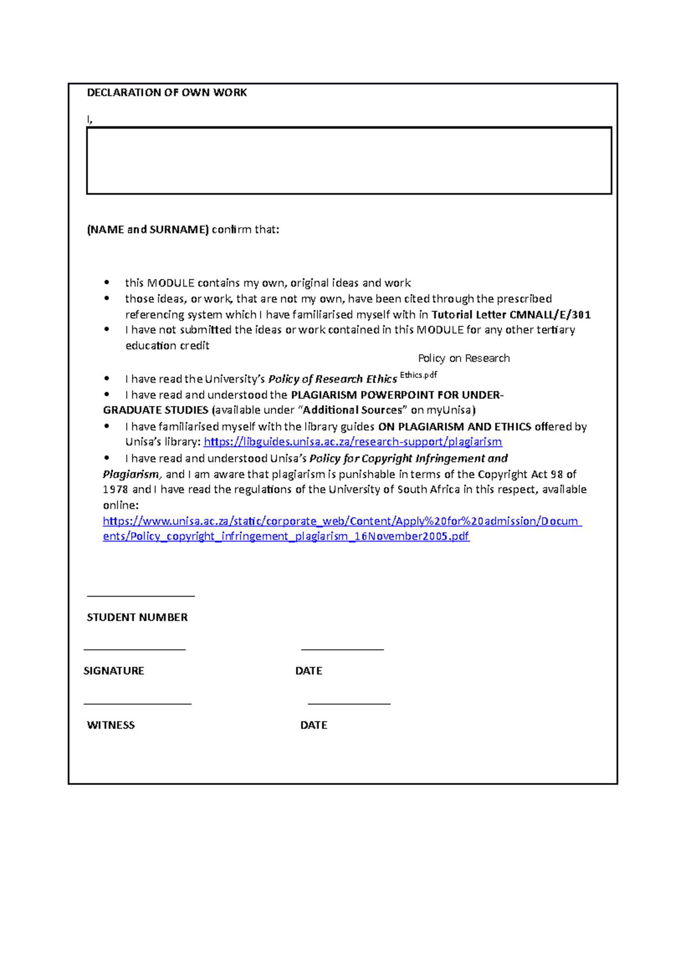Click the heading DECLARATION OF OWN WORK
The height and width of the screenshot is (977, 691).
pos(166,93)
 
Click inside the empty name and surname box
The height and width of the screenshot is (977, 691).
pos(348,161)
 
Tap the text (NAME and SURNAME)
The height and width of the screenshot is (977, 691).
pos(147,230)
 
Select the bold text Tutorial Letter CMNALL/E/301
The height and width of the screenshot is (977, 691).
pos(511,315)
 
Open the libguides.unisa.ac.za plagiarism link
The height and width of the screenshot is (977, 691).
pos(352,442)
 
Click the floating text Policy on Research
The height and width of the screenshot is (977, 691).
pos(464,358)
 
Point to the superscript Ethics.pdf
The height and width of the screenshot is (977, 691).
pos(419,375)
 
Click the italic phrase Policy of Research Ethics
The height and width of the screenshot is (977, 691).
pos(332,379)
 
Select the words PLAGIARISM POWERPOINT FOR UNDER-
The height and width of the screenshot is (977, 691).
pos(397,395)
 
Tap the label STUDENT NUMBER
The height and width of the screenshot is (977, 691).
pos(137,617)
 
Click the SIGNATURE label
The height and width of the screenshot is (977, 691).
pos(114,671)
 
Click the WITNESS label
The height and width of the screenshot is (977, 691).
pos(111,726)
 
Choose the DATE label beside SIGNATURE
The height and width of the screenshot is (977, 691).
pos(309,671)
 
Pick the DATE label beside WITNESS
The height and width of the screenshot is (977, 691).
pos(314,726)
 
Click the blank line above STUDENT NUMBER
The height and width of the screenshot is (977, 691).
pos(141,596)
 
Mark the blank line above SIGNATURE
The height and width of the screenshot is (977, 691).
pos(134,649)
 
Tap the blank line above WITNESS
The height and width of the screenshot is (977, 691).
pos(137,703)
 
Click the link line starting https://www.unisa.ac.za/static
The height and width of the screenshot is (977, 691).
pos(342,521)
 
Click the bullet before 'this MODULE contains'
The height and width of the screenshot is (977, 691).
pos(107,283)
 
